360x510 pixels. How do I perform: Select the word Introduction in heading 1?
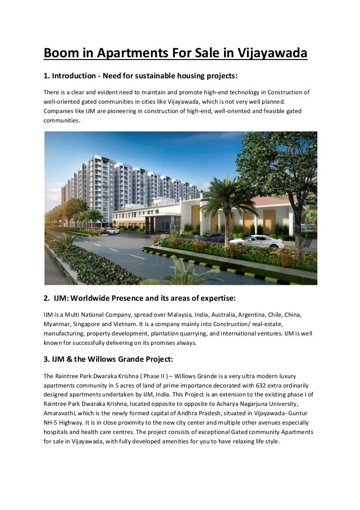pyautogui.click(x=74, y=76)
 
